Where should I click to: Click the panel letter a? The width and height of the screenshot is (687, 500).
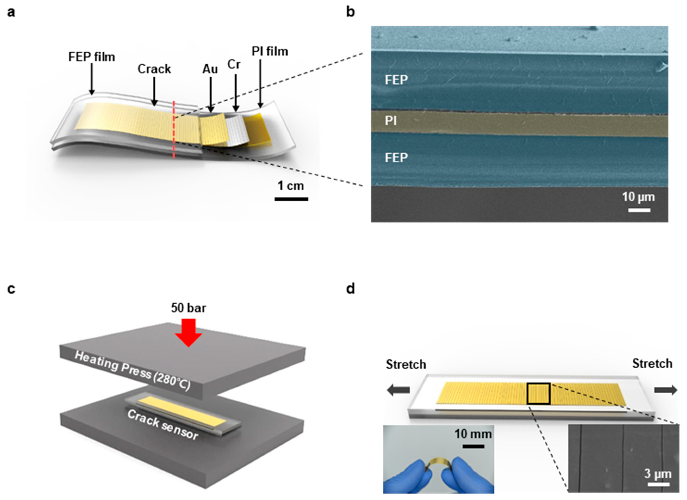tap(11, 13)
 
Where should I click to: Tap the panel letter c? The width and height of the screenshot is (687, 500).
tap(11, 289)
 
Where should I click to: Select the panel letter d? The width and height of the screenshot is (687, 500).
tap(350, 289)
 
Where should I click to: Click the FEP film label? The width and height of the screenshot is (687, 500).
tap(91, 57)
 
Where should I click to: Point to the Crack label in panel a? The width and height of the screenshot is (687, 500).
tap(154, 69)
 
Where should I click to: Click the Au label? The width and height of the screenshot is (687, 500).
tap(210, 69)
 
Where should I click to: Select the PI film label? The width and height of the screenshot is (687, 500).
tap(270, 52)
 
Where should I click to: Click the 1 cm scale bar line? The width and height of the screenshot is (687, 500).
tap(291, 199)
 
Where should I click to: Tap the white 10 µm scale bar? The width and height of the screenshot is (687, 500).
tap(639, 210)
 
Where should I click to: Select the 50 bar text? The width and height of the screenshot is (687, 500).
tap(188, 308)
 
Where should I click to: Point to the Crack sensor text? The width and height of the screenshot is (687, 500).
tap(163, 425)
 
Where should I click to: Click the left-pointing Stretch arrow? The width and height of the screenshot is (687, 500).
tap(398, 390)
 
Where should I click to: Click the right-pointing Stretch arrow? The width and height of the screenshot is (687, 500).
tap(665, 390)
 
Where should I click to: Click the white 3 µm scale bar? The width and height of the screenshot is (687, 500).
tap(659, 484)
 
